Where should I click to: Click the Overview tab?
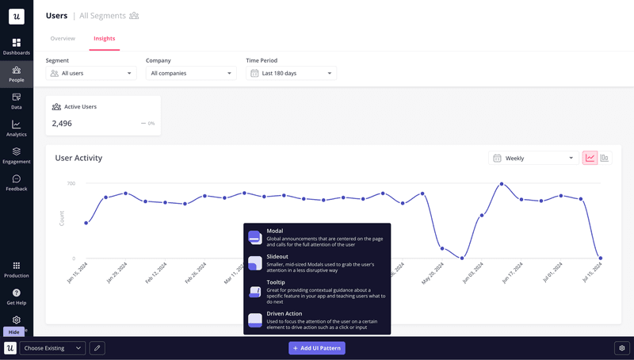[x=63, y=38]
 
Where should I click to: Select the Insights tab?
[x=104, y=38]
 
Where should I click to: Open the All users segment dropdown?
[x=91, y=74]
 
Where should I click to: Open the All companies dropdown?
[x=191, y=74]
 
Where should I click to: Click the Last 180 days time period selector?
[x=291, y=74]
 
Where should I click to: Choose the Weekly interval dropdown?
[x=532, y=158]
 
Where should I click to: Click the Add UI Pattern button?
[x=317, y=348]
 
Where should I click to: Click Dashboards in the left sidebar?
[x=17, y=47]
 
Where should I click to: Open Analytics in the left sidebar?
[x=17, y=128]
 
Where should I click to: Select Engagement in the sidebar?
[x=17, y=155]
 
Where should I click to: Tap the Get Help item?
[x=17, y=297]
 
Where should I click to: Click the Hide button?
[x=13, y=332]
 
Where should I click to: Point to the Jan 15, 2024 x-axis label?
[x=76, y=273]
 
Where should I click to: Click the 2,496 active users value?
[x=62, y=124]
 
